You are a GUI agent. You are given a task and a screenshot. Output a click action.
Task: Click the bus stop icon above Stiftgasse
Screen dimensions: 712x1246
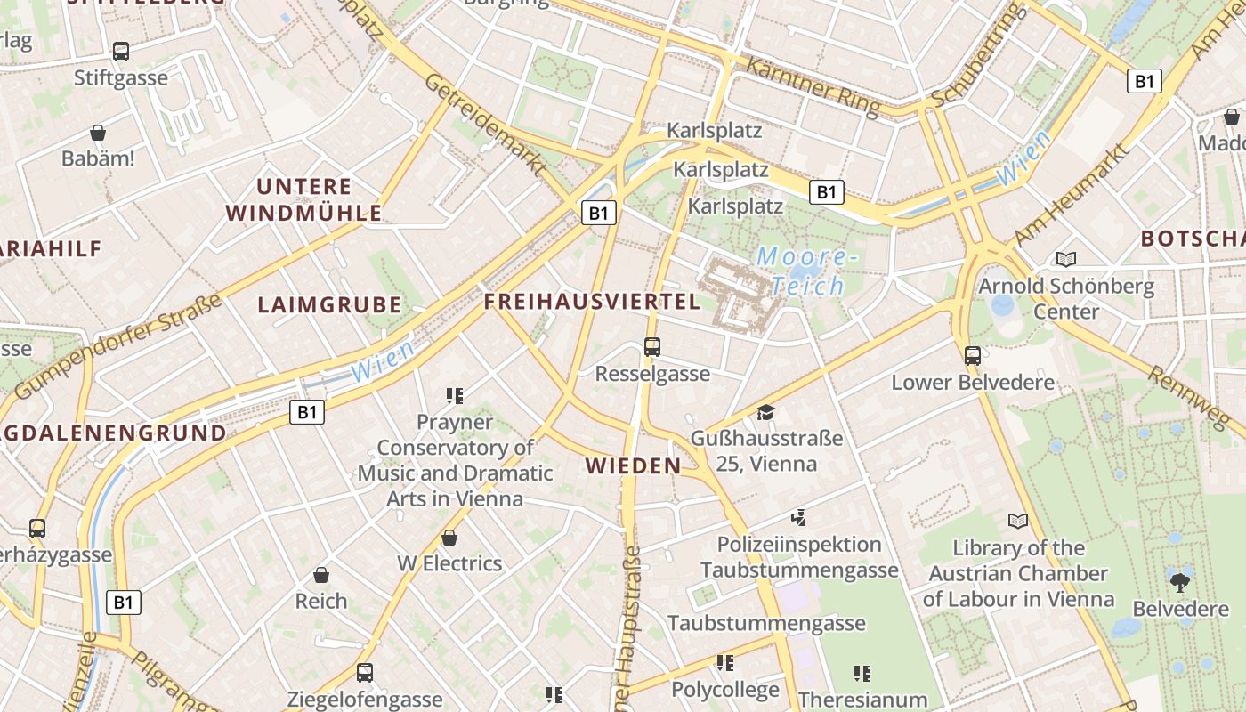121,52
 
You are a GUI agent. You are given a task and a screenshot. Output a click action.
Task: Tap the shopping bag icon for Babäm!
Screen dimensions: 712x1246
98,133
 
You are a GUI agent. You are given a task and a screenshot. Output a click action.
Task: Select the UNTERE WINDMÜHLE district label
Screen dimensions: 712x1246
304,199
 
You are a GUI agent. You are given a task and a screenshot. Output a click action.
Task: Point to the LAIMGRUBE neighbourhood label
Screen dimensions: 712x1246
329,304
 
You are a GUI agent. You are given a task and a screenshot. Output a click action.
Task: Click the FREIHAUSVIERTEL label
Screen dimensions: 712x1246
592,301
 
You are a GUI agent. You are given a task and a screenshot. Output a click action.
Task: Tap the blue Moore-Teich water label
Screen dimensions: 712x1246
806,271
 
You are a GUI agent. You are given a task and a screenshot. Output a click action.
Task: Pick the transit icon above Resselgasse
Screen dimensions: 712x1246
652,347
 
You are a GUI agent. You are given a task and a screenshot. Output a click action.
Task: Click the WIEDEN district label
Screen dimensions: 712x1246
633,465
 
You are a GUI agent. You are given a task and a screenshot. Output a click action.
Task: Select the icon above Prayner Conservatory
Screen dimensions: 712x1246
455,395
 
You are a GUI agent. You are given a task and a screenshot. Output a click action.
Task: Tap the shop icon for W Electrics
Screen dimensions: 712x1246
449,538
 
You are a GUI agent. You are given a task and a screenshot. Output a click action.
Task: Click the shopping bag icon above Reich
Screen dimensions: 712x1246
321,575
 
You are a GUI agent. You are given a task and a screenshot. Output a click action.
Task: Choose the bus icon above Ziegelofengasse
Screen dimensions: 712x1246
365,673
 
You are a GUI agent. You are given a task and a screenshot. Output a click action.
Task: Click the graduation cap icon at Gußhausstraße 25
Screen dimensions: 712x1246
765,412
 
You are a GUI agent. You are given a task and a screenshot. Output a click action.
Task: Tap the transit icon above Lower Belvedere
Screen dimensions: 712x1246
973,356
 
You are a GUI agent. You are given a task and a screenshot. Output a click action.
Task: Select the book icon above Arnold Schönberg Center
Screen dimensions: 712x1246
1066,259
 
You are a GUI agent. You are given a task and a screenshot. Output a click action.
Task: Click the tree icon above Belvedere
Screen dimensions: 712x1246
1180,583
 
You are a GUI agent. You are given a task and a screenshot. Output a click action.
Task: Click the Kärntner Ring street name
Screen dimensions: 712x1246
812,86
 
